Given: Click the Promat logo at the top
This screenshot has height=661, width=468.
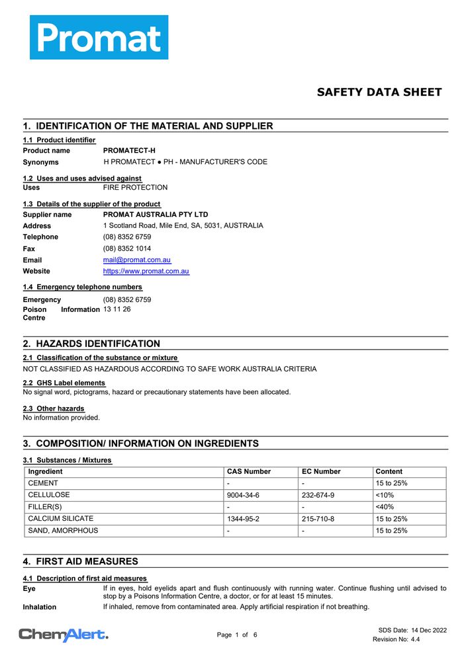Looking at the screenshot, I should tap(99, 38).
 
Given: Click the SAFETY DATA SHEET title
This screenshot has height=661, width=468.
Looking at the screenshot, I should tap(379, 93).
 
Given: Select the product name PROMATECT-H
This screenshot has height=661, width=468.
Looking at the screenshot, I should tap(129, 151).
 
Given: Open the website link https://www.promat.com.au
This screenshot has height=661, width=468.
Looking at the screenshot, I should tap(146, 272).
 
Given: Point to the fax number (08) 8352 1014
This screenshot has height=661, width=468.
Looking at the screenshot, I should tap(127, 249).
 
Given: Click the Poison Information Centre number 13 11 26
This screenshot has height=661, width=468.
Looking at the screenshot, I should tap(117, 309).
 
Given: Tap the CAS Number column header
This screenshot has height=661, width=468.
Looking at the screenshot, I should tap(249, 472).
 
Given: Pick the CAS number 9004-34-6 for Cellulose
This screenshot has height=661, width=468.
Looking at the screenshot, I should tap(243, 495).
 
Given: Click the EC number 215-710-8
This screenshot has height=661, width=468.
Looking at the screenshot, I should tap(318, 519).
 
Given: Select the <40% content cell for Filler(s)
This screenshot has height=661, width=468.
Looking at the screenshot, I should tap(385, 507).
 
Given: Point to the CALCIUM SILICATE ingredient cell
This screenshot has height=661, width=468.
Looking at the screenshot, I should tap(60, 519).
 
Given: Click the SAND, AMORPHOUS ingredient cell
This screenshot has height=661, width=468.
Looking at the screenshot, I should tap(63, 531).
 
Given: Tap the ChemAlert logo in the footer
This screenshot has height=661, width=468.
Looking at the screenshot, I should tap(64, 635).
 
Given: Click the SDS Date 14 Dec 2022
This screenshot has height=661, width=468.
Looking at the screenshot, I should tap(412, 631).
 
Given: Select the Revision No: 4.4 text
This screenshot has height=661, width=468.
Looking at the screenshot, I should tap(396, 640).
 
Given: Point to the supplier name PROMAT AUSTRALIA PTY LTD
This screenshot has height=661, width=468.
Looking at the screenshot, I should tap(156, 215).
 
